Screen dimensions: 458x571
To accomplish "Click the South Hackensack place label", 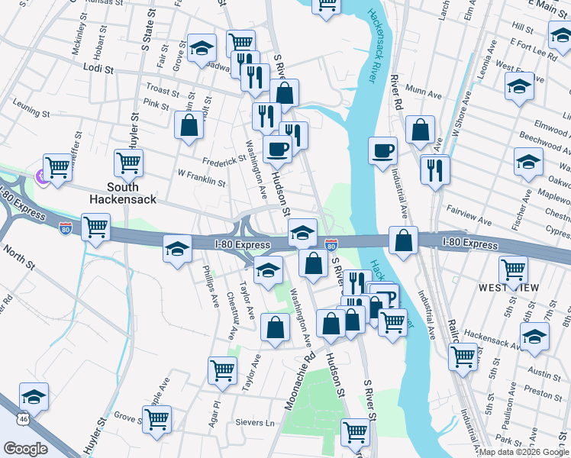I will point(121,193).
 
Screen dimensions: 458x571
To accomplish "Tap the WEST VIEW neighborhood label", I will point(508,288).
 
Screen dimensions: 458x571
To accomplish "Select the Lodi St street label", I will point(98,69).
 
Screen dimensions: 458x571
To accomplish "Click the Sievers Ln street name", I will point(258,422).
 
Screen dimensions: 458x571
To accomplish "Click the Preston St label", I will point(543,395).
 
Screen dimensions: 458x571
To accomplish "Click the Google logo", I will point(25,448).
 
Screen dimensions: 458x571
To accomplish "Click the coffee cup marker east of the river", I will point(383,150).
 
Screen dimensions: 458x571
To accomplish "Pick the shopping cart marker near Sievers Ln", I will point(156,418).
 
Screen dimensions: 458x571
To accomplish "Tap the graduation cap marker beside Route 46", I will point(34,396).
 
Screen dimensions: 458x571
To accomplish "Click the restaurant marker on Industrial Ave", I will point(434,169).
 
